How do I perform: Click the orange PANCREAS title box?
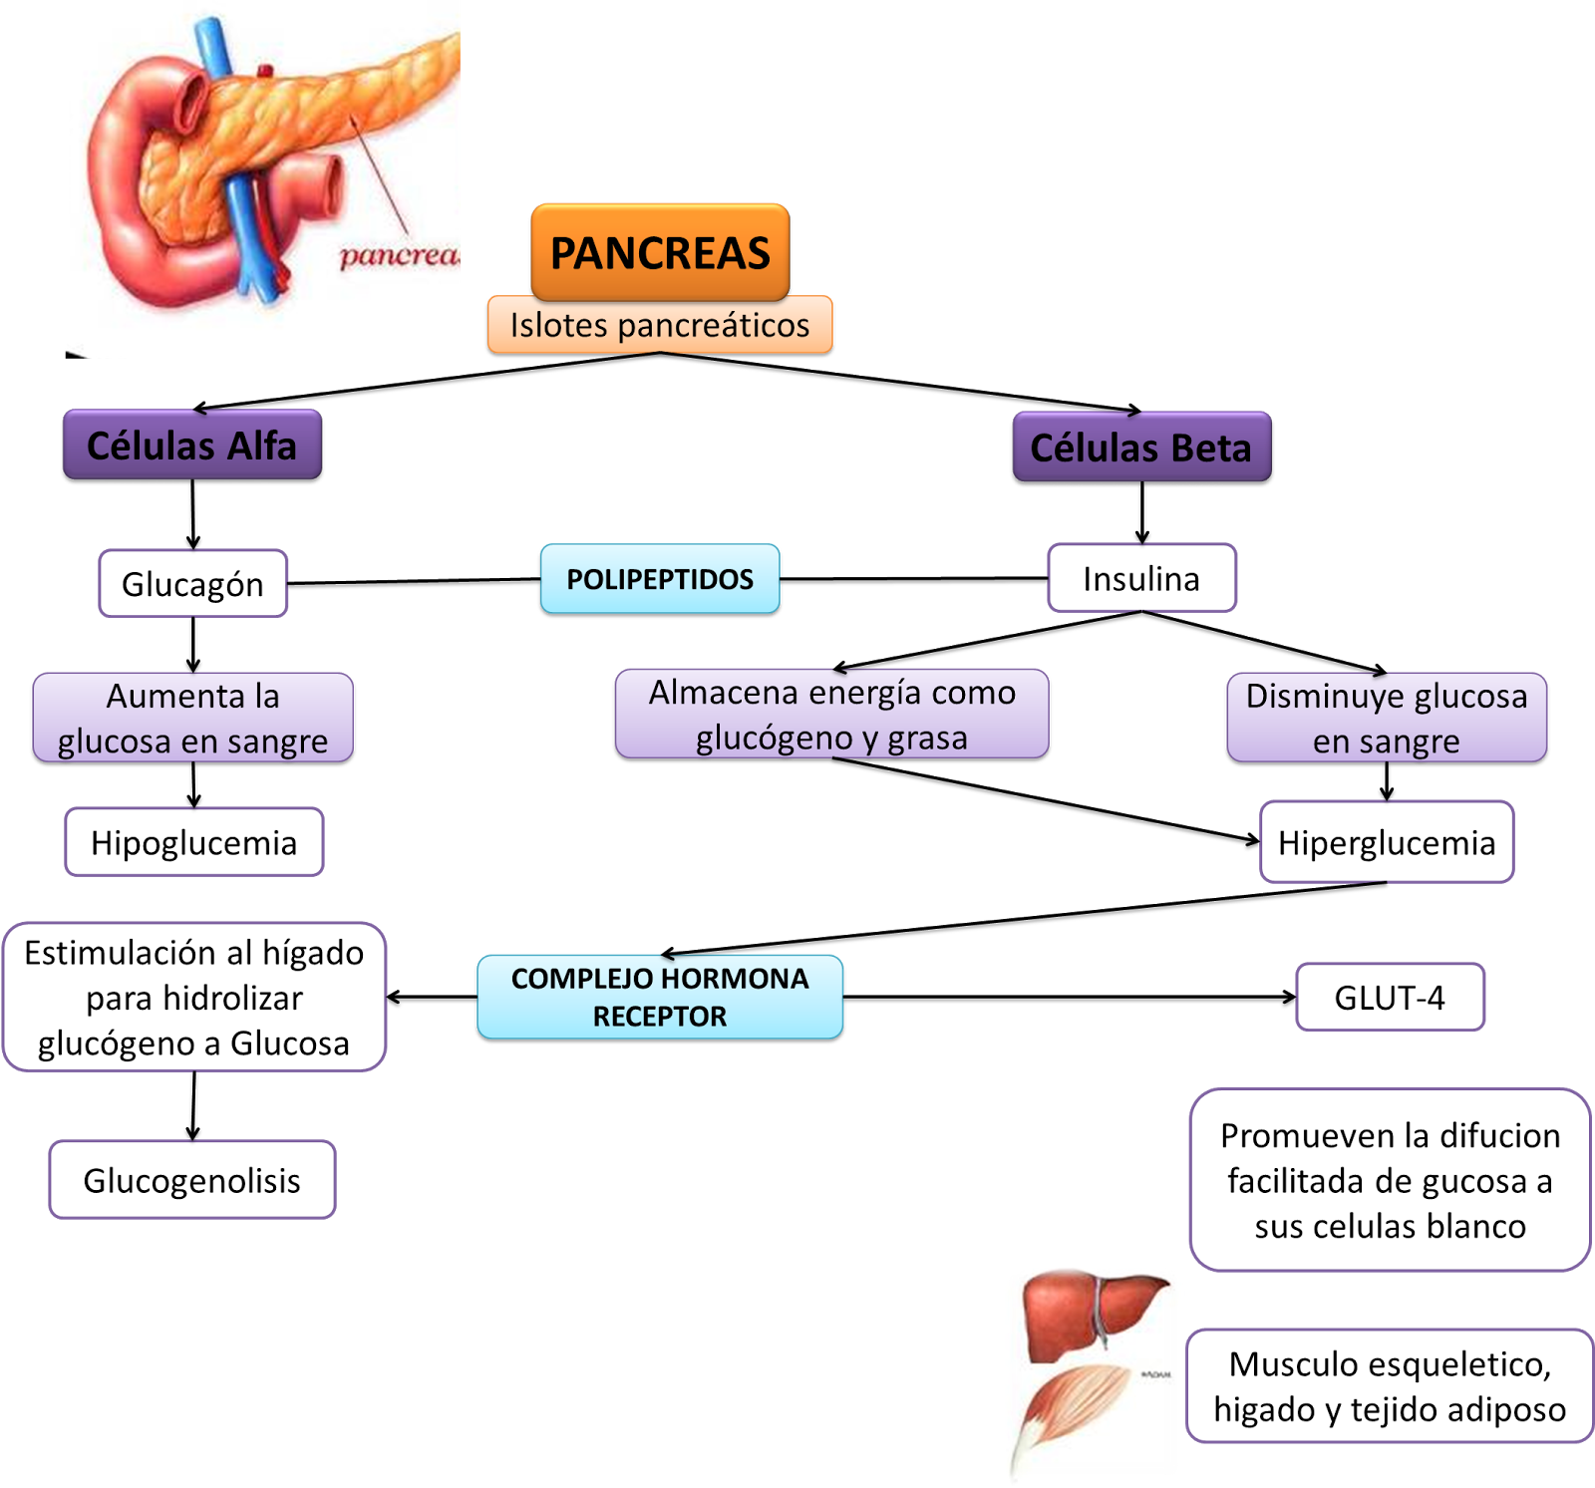pyautogui.click(x=660, y=252)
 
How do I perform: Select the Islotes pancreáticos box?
pyautogui.click(x=660, y=325)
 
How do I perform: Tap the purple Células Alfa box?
pyautogui.click(x=192, y=445)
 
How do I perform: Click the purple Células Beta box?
pyautogui.click(x=1141, y=446)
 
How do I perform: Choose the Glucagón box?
pyautogui.click(x=192, y=583)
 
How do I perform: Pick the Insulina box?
pyautogui.click(x=1141, y=578)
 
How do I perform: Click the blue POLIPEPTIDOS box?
pyautogui.click(x=660, y=578)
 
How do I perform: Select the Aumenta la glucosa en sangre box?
pyautogui.click(x=192, y=718)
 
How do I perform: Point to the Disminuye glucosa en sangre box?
pyautogui.click(x=1386, y=718)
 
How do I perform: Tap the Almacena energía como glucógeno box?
pyautogui.click(x=831, y=714)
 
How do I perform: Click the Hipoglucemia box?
pyautogui.click(x=194, y=842)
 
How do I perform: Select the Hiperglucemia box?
pyautogui.click(x=1386, y=842)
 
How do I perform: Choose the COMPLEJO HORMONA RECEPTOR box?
pyautogui.click(x=660, y=997)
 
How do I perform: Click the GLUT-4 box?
pyautogui.click(x=1390, y=997)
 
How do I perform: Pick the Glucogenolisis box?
pyautogui.click(x=192, y=1180)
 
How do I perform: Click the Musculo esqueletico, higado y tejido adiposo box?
pyautogui.click(x=1390, y=1385)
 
